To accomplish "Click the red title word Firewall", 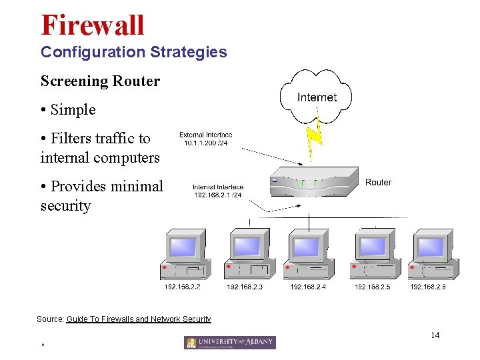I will coord(93,25).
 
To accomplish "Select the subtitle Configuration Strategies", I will coord(133,51).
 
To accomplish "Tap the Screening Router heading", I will coord(100,81).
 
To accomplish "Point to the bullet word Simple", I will coord(73,109).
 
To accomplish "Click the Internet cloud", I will coord(317,97).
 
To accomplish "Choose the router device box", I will coord(314,182).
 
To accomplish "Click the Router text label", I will coord(378,182).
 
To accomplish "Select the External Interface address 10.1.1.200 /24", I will coord(205,143).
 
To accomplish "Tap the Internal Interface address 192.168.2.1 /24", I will coord(217,195).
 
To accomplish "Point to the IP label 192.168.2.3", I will coord(245,287).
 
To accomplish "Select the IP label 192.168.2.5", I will coord(372,287).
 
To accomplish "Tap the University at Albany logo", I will coord(230,343).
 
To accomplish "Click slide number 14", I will coord(435,335).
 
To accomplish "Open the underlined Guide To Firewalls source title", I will coord(139,319).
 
